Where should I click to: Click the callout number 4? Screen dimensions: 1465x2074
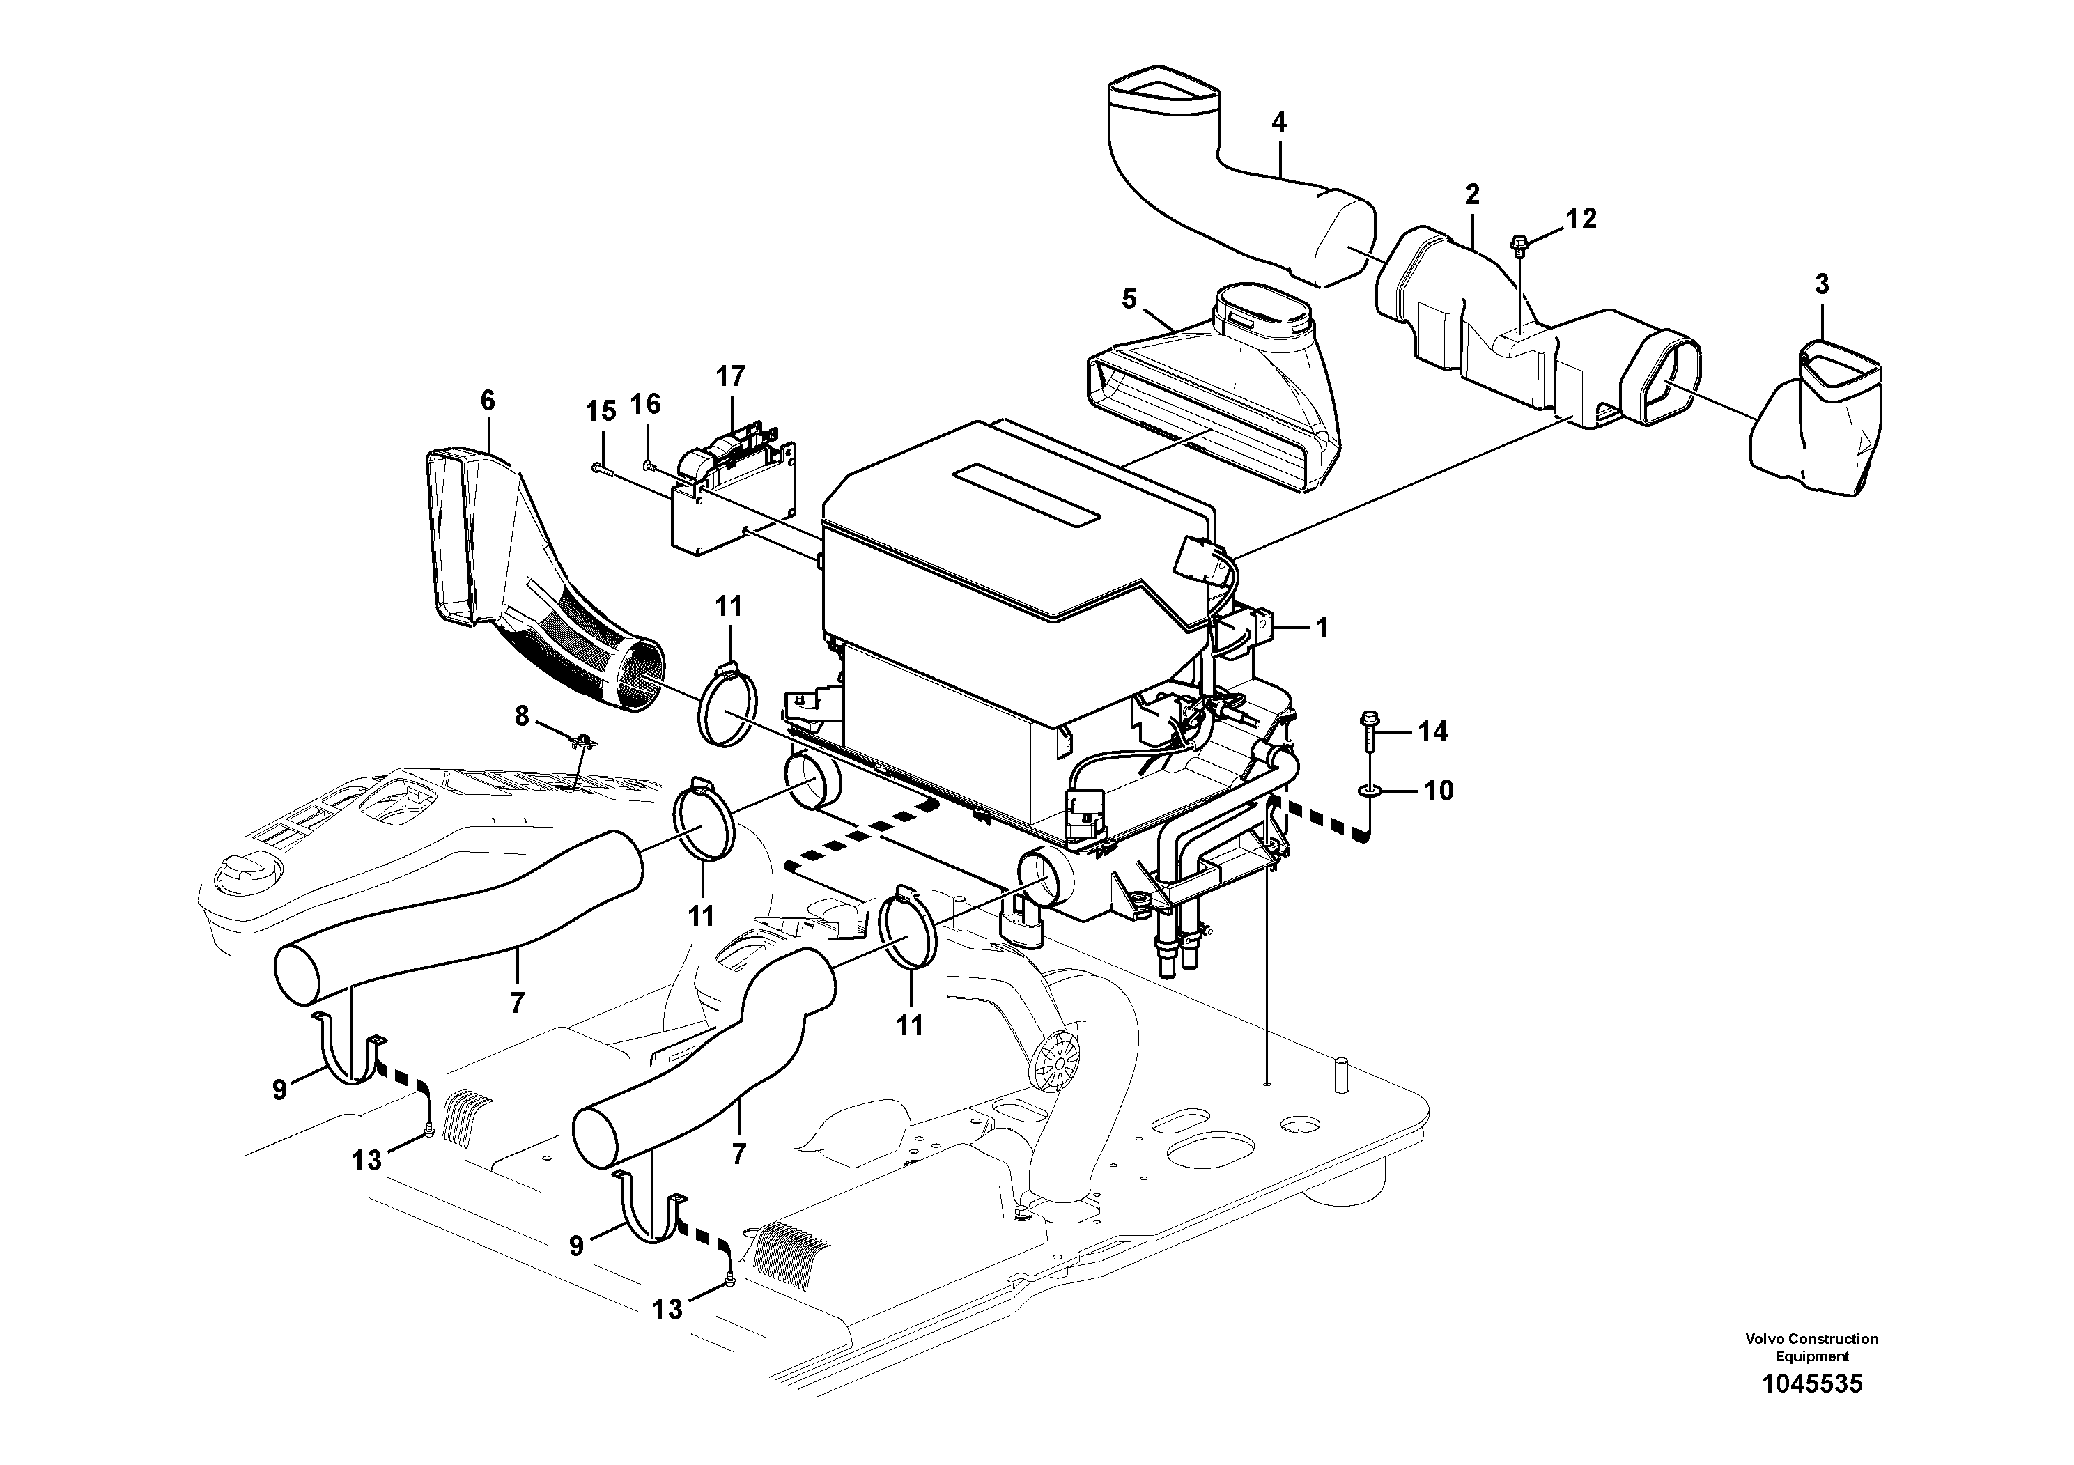point(1278,123)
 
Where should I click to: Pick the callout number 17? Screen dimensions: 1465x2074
point(732,375)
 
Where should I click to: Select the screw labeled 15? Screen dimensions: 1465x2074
point(601,468)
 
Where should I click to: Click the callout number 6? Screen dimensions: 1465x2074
point(488,400)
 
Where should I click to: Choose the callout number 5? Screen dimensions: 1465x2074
point(1129,300)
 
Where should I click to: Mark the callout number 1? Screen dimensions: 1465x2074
point(1321,628)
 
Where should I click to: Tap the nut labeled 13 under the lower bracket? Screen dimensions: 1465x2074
point(728,1279)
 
